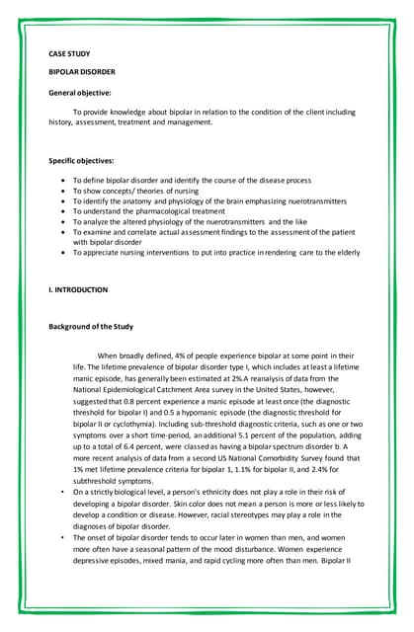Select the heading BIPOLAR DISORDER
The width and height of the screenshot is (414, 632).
point(79,72)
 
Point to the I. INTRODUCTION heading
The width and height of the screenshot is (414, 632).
point(78,289)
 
